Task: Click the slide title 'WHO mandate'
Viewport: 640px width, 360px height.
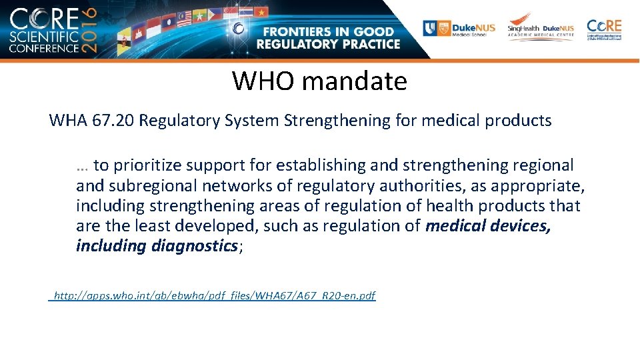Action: point(319,81)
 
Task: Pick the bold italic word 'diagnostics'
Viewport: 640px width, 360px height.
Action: point(194,246)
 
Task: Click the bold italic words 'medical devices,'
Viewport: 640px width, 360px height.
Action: point(488,226)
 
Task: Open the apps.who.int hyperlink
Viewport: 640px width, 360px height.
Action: point(214,295)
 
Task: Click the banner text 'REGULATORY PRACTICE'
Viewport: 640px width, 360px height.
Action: point(328,45)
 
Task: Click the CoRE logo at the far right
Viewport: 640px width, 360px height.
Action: point(604,29)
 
